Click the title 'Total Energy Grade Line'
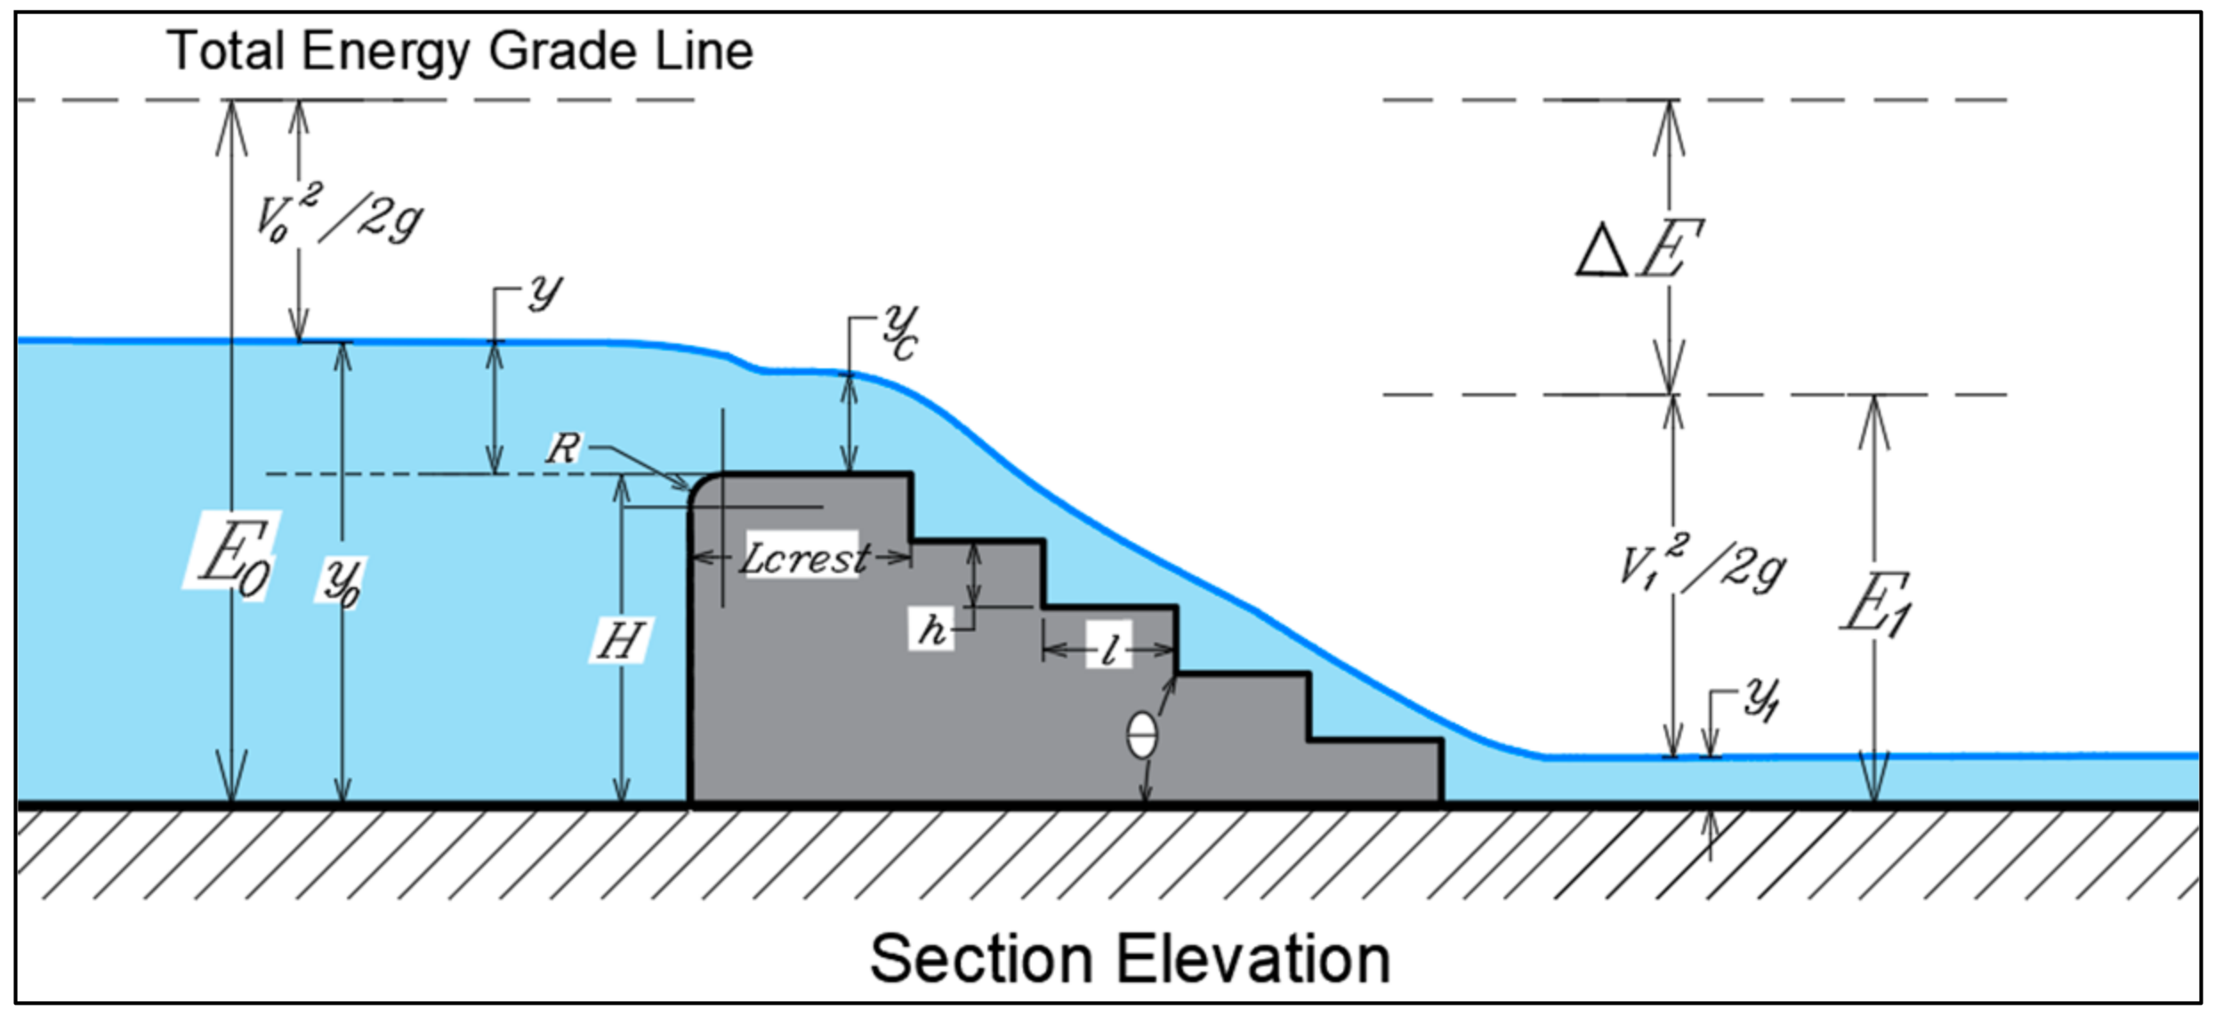tap(460, 51)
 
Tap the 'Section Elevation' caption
tap(1130, 959)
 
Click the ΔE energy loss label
tap(1639, 250)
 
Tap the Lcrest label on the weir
tap(804, 558)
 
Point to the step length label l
tap(1108, 650)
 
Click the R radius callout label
tap(563, 448)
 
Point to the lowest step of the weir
tap(1374, 771)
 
